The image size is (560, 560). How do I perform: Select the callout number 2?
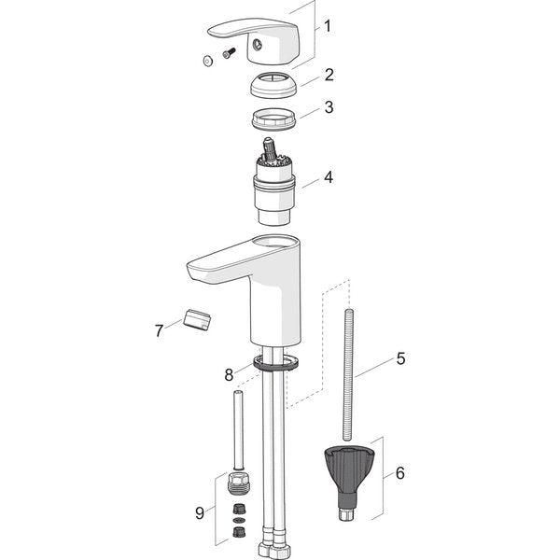pos(329,75)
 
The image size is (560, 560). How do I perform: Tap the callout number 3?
pos(329,107)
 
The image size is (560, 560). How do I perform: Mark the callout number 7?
pos(160,329)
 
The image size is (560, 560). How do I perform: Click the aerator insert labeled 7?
pos(197,320)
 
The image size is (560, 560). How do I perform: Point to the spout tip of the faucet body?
pos(198,273)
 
